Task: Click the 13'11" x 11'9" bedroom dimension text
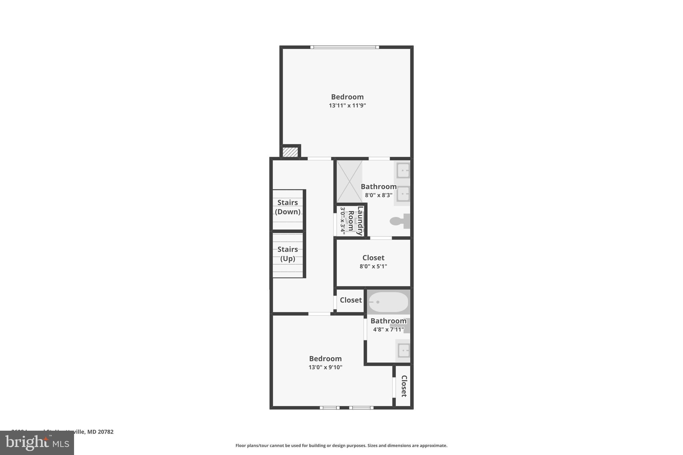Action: click(347, 106)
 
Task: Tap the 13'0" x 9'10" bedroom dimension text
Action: click(325, 367)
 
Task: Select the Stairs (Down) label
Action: click(287, 207)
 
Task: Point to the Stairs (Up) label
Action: click(287, 254)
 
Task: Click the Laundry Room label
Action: click(355, 221)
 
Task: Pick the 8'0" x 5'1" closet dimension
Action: click(373, 266)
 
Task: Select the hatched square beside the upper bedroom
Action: click(290, 152)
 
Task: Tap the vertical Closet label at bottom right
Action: click(404, 386)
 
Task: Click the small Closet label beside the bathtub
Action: click(351, 300)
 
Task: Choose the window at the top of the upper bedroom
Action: click(345, 47)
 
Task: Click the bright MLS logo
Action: click(37, 443)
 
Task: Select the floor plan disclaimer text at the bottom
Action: click(341, 445)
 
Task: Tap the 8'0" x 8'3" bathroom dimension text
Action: click(379, 195)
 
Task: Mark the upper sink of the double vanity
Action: click(403, 172)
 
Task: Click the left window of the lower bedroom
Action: click(329, 408)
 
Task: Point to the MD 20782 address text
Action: click(100, 432)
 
